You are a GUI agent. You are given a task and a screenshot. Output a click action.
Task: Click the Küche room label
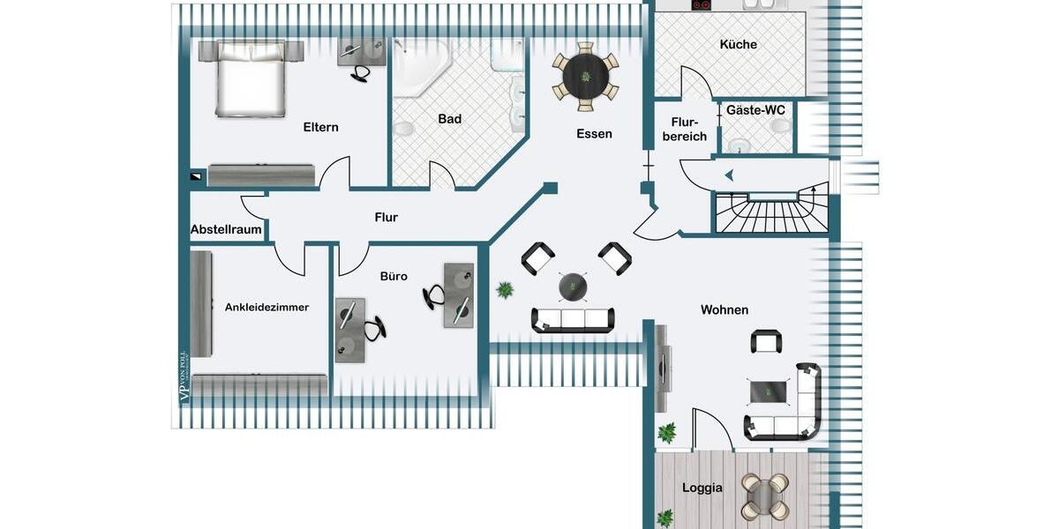click(x=738, y=44)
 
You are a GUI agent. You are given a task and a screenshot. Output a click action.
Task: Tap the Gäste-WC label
click(x=755, y=110)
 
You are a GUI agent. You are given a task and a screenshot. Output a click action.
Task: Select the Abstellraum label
click(x=226, y=230)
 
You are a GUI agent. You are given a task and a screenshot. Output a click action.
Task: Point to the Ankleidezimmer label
click(x=267, y=307)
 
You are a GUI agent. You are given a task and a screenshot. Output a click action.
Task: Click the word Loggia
click(x=702, y=488)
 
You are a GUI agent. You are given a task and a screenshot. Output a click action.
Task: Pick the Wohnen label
click(x=725, y=309)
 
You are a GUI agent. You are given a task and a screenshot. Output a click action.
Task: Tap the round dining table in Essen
click(x=586, y=76)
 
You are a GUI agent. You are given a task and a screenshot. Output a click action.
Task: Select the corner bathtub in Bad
click(x=420, y=65)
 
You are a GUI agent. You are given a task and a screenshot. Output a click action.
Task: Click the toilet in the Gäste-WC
click(x=779, y=127)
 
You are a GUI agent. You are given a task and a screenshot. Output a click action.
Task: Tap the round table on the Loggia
click(x=765, y=495)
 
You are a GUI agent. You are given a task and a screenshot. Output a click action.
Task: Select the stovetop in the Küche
click(x=702, y=5)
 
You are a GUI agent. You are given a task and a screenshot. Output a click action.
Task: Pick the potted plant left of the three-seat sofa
click(x=506, y=289)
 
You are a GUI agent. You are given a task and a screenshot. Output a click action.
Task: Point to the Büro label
click(x=394, y=276)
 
